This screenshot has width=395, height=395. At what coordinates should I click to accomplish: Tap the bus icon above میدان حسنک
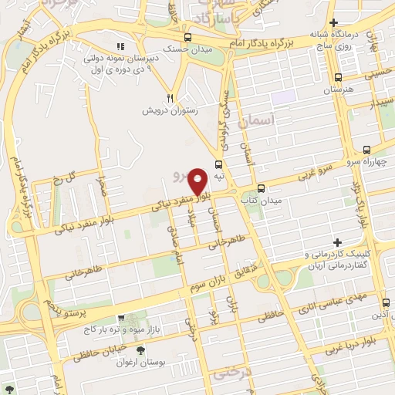point(187,37)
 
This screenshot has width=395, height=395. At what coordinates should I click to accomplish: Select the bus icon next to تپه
point(219,164)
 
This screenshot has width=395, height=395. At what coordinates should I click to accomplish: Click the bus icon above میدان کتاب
point(261,187)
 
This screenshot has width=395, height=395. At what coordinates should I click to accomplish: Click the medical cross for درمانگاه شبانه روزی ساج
point(333,23)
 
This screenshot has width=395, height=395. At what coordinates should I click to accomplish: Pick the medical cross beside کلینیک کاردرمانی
point(336,242)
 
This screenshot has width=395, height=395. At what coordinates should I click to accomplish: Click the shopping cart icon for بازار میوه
point(121,318)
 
